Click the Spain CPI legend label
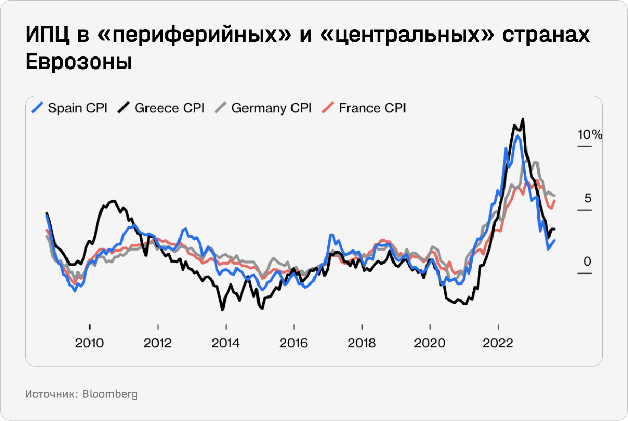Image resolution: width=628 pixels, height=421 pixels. coord(77,108)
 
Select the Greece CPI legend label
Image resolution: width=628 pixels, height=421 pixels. coord(169,108)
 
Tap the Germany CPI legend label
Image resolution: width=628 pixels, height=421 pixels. coord(271,108)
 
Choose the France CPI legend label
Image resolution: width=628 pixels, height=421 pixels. coord(372,108)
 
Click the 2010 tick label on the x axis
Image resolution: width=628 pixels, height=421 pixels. coord(90,344)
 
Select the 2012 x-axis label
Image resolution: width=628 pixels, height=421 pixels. coord(158,344)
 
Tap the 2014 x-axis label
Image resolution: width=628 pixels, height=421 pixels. coord(226,344)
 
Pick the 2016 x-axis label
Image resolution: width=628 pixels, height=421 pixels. coord(294,344)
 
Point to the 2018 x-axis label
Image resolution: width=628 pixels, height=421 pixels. coord(362,344)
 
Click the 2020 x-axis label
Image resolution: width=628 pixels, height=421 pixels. coord(430,344)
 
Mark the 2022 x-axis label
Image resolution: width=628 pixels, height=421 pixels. coord(498,344)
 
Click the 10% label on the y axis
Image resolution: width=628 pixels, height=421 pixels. coord(590,135)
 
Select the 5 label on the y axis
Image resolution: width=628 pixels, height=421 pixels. coord(588,199)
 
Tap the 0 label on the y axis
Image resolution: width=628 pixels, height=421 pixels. coord(588,261)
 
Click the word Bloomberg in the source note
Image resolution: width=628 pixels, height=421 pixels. coord(110,394)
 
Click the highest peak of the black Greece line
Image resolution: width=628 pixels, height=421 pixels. coord(523,119)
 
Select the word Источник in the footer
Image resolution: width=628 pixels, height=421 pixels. coord(51,394)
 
